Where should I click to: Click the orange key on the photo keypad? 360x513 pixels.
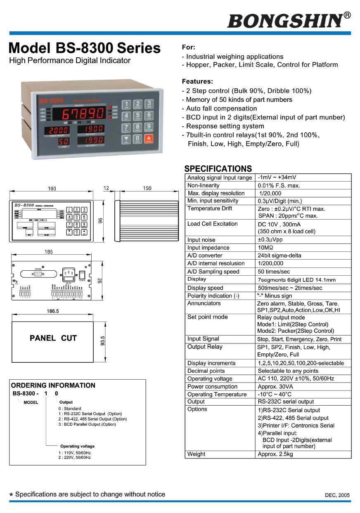click(x=149, y=139)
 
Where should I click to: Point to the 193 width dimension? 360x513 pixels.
click(x=52, y=189)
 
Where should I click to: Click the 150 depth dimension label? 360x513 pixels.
click(x=147, y=188)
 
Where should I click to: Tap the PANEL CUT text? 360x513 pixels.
click(x=53, y=338)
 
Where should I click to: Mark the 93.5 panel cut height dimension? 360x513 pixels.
click(x=103, y=341)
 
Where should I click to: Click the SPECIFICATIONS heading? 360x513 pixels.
click(x=218, y=169)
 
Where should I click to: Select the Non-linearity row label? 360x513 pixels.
click(x=204, y=186)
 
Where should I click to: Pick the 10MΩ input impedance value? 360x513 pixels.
click(x=267, y=248)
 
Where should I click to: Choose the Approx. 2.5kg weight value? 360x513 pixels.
click(x=275, y=454)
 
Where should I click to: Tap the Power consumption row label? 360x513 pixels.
click(x=212, y=387)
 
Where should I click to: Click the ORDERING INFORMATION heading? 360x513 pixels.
click(x=53, y=385)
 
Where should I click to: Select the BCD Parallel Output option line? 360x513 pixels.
click(x=87, y=424)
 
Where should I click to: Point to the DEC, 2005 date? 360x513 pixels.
click(x=337, y=495)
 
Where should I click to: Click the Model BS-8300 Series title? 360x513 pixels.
click(x=85, y=48)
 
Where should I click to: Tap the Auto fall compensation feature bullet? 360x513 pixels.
click(x=219, y=109)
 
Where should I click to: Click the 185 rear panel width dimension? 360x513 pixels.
click(x=49, y=252)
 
